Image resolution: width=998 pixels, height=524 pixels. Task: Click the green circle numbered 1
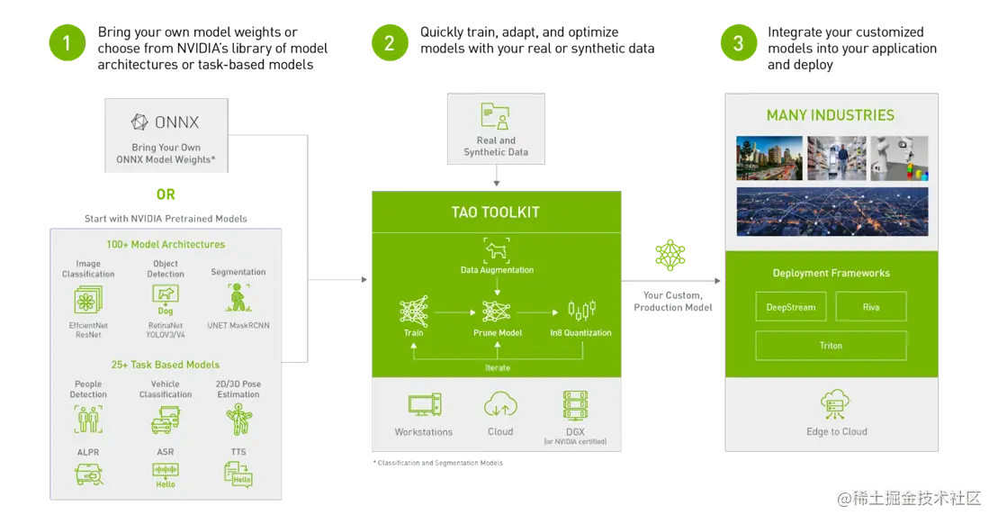tap(67, 43)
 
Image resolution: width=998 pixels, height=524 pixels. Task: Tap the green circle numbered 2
tap(389, 43)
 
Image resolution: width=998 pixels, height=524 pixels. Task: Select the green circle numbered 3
tap(738, 43)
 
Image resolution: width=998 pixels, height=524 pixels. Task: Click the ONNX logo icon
tap(139, 122)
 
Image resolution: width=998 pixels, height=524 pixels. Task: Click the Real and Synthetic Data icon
tap(496, 117)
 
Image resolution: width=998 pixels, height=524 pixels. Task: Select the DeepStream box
tap(790, 307)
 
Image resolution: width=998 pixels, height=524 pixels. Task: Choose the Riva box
tap(870, 307)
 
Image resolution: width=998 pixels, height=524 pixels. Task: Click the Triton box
tap(831, 346)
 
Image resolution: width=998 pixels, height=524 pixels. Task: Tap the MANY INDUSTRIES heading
tap(830, 115)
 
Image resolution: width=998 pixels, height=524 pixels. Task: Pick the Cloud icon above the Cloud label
tap(499, 404)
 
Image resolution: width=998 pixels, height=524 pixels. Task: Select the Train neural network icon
tap(414, 312)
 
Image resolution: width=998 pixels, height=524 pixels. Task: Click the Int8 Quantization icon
tap(581, 312)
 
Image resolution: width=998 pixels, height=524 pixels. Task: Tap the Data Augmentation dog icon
tap(497, 252)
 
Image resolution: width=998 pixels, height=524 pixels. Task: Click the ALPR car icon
tap(88, 474)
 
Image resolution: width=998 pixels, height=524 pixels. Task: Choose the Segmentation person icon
tap(238, 297)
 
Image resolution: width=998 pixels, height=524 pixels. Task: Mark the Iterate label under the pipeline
tap(497, 367)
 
